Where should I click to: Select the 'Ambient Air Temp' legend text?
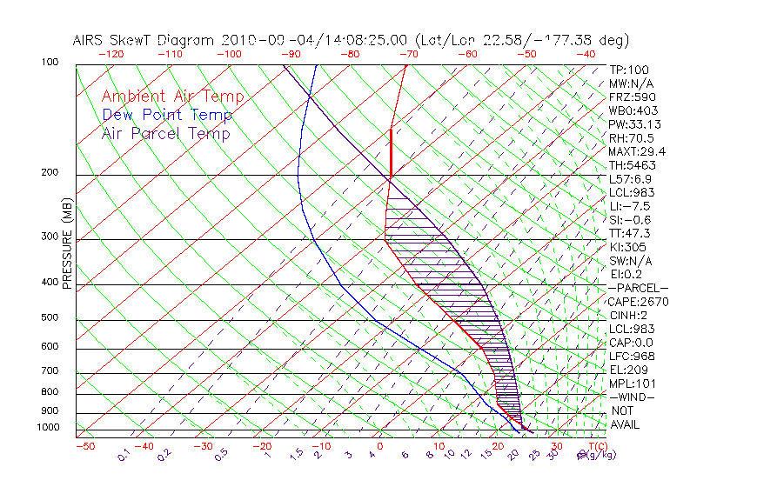pos(172,97)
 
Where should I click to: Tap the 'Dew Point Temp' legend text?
pos(167,115)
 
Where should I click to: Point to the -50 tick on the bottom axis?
pos(85,447)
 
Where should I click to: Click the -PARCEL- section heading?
pos(638,288)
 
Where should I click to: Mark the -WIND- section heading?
pos(632,397)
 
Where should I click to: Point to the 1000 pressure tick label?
pos(49,428)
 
